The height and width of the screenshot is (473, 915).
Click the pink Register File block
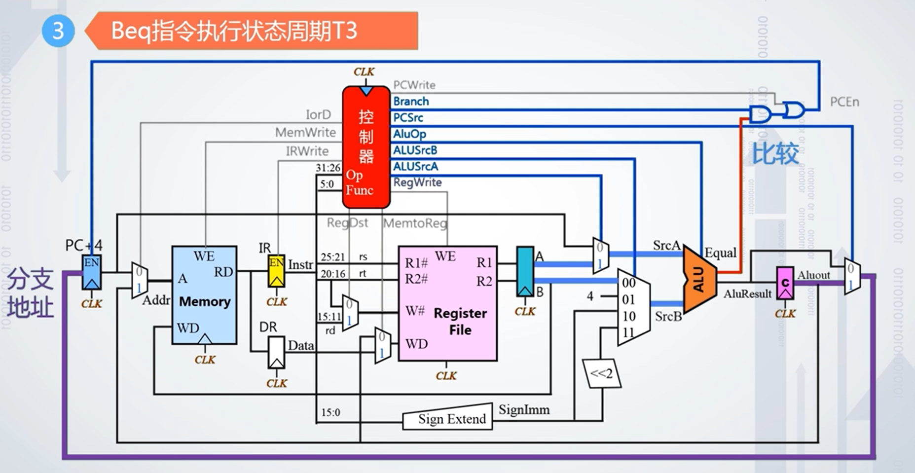click(x=447, y=303)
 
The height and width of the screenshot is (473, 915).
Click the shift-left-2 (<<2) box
click(x=601, y=373)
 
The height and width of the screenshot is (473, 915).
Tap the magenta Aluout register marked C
click(x=785, y=283)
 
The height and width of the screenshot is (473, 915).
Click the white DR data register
click(x=276, y=352)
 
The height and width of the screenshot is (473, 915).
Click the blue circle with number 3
click(x=58, y=31)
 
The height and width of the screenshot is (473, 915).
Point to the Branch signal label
click(x=411, y=101)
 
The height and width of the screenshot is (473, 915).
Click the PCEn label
click(x=844, y=102)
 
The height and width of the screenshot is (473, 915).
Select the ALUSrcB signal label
click(x=415, y=150)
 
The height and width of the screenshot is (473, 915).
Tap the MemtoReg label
click(x=415, y=223)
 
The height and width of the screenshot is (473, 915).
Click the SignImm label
click(x=524, y=409)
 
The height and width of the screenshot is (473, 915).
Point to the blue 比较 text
click(x=775, y=153)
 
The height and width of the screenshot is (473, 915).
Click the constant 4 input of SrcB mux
click(x=590, y=296)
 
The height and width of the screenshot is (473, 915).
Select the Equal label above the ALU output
click(x=720, y=253)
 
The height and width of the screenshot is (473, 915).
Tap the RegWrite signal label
click(x=417, y=182)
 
